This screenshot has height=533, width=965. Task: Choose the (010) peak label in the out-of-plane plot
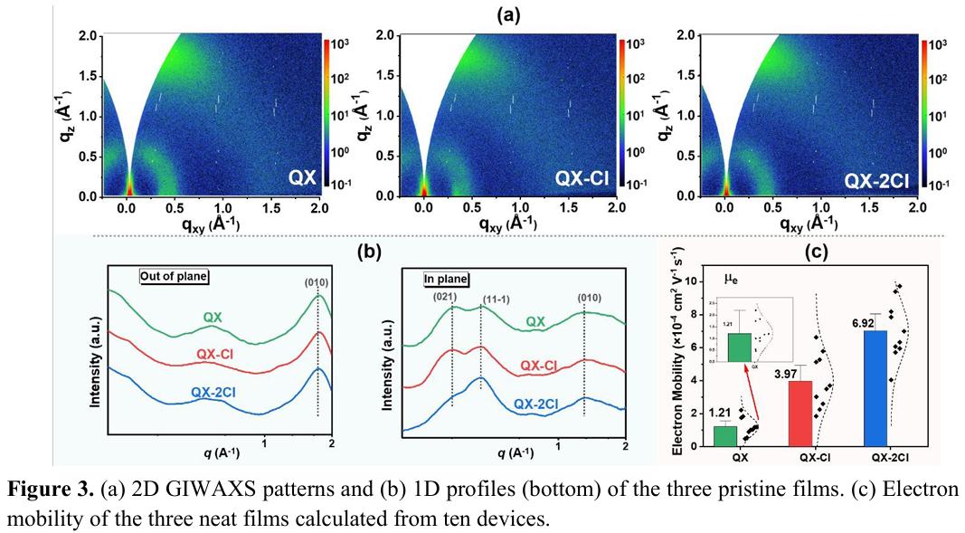coord(317,281)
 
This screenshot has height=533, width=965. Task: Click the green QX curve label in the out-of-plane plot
coord(213,317)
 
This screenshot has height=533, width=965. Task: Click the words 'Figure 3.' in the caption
coord(44,490)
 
